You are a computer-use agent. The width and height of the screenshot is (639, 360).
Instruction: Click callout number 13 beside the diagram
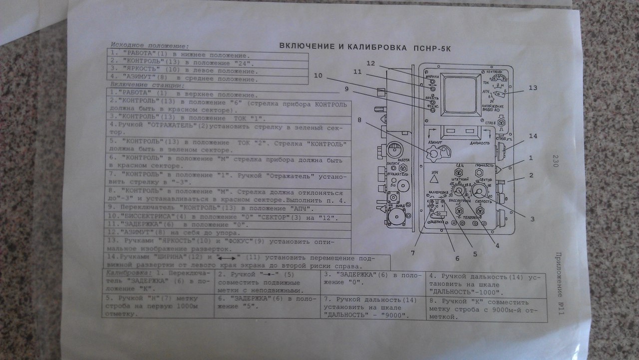click(x=533, y=88)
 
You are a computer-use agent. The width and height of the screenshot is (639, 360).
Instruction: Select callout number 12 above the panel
click(x=370, y=63)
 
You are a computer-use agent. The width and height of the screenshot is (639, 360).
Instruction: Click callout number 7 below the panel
click(x=413, y=253)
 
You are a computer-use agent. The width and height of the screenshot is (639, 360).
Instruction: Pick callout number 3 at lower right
click(x=532, y=219)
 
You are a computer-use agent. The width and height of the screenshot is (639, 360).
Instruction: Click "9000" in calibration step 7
click(x=391, y=316)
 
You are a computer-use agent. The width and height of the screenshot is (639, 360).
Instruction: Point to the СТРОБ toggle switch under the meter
click(x=502, y=121)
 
